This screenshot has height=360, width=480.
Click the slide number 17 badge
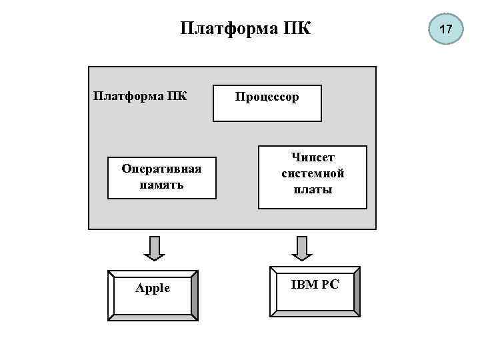(x=446, y=29)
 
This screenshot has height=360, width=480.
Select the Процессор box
(x=267, y=103)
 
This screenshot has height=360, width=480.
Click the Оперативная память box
(x=162, y=177)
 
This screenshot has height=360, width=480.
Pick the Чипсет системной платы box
(x=313, y=177)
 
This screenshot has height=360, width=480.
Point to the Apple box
(x=153, y=293)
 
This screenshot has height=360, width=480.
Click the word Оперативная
(x=162, y=169)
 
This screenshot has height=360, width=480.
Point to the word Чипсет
(x=313, y=157)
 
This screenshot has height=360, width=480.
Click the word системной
(x=313, y=173)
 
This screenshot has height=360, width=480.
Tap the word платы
(x=313, y=189)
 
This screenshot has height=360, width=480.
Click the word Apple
(x=153, y=288)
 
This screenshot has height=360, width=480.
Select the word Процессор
(x=267, y=97)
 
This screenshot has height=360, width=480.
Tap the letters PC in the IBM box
(x=330, y=284)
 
